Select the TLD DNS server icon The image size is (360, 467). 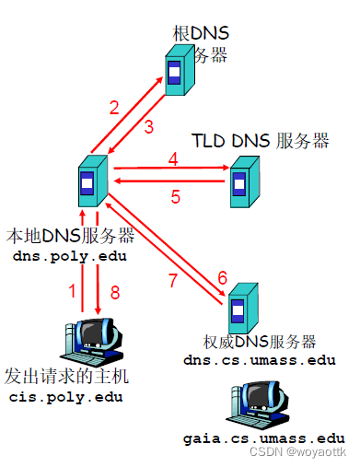tap(243, 179)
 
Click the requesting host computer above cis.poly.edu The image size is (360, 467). tap(95, 342)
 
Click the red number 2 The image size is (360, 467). tap(114, 107)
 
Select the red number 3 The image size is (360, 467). tap(148, 127)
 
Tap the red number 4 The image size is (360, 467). tap(172, 159)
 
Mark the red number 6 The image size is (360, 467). tap(221, 277)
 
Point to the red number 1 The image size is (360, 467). tap(73, 291)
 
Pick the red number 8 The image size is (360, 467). tap(115, 291)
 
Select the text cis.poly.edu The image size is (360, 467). tap(65, 397)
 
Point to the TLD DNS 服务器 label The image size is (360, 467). tap(261, 142)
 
